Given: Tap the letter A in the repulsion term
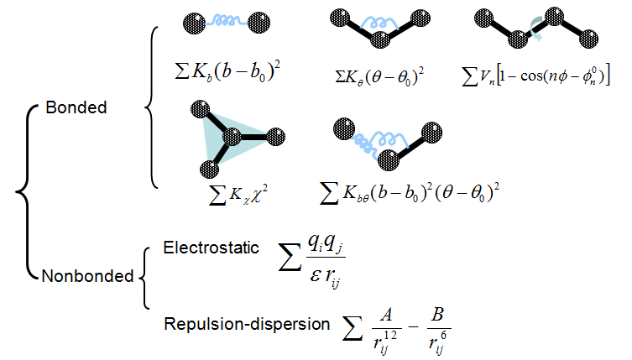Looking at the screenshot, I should pos(388,313).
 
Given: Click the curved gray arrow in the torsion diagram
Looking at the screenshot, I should pos(535,31).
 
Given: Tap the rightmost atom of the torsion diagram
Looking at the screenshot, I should pos(590,36).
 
